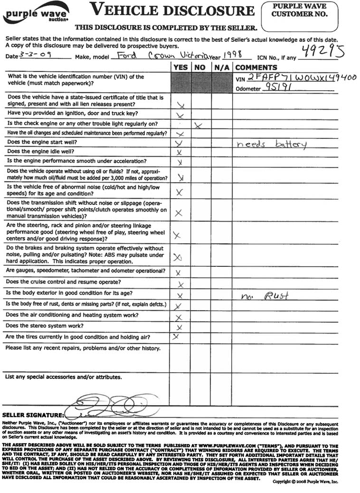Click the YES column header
point(180,68)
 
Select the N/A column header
point(221,68)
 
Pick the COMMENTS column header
point(256,68)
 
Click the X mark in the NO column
point(199,125)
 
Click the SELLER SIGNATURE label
point(33,415)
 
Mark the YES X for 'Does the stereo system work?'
point(180,328)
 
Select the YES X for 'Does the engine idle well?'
point(180,153)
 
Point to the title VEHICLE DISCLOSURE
point(171,10)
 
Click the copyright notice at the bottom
point(305,482)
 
